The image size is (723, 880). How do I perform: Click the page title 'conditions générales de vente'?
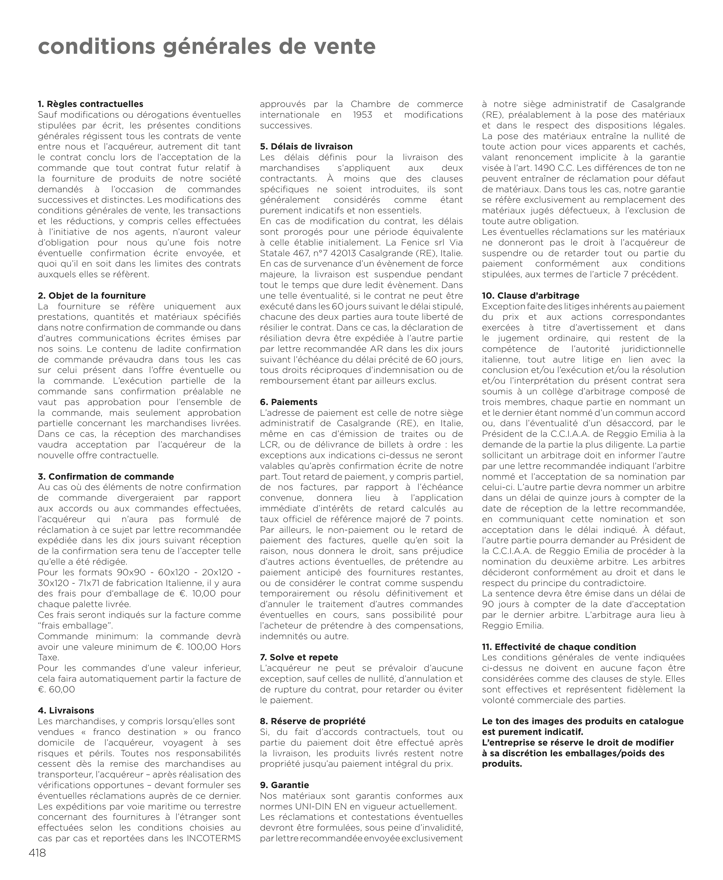pyautogui.click(x=206, y=47)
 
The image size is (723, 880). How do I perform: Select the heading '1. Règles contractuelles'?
pyautogui.click(x=90, y=104)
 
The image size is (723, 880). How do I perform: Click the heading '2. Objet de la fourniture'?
pyautogui.click(x=92, y=295)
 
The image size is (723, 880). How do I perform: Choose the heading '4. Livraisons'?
pyautogui.click(x=66, y=711)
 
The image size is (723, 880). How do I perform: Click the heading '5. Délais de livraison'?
pyautogui.click(x=306, y=147)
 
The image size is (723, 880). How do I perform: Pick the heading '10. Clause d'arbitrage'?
pyautogui.click(x=531, y=295)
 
